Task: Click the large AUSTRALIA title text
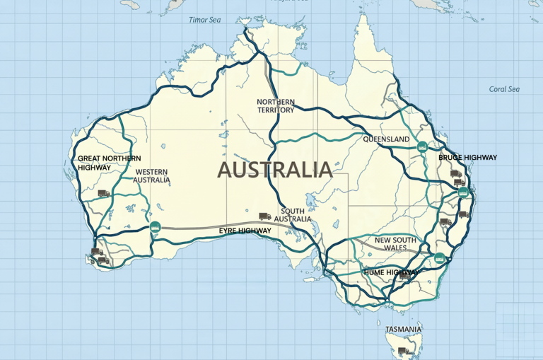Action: (x=274, y=170)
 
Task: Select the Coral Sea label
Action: (x=504, y=89)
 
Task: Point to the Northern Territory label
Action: (x=276, y=106)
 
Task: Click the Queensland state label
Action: (x=386, y=139)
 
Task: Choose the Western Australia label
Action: (x=153, y=175)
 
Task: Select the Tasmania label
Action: (x=404, y=330)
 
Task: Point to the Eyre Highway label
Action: (x=245, y=231)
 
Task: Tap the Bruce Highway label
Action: (x=467, y=157)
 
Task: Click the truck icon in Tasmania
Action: (x=403, y=350)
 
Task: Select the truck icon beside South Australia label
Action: (x=265, y=216)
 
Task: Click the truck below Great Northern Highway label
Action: (x=103, y=192)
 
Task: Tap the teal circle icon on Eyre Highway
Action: (x=156, y=226)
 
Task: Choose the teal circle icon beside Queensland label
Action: (x=422, y=146)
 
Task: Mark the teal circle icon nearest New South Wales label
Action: (x=440, y=258)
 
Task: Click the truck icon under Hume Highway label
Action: (x=404, y=277)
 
